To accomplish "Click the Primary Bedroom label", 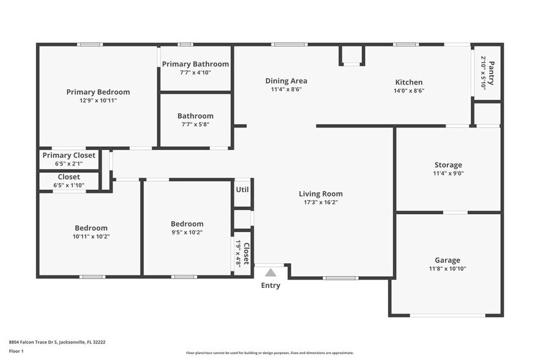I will pos(98,92).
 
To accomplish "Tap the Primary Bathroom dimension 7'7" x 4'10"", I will pos(195,73).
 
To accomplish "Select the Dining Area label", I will pos(286,81).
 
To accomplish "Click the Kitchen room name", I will pos(408,82).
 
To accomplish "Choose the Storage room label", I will pos(448,165).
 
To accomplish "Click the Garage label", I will pos(447,260).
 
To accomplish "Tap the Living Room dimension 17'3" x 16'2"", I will pos(321,202).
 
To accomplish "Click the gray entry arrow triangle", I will pos(271,272).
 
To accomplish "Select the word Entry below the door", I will pos(271,285).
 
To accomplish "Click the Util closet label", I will pos(242,189).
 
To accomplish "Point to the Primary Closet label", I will pos(69,156).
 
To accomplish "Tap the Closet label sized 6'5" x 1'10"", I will pos(69,177).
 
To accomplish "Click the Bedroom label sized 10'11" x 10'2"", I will pos(91,228).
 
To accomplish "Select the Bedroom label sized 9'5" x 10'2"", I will pos(187,223).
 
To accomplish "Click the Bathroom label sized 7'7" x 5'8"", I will pos(195,116).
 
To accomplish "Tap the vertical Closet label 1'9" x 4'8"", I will pos(246,253).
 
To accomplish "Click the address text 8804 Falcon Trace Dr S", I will pos(52,342).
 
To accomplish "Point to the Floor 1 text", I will pos(16,351).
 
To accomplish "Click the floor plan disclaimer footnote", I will pos(269,353).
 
